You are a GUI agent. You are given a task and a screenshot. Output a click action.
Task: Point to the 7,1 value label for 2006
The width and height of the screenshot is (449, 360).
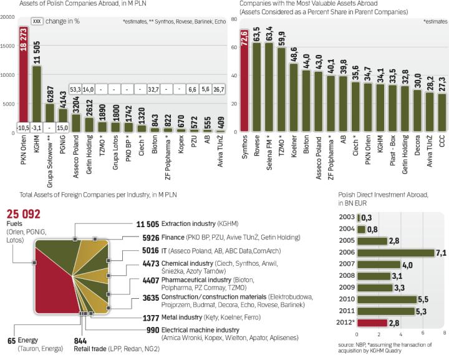click(x=442, y=253)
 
